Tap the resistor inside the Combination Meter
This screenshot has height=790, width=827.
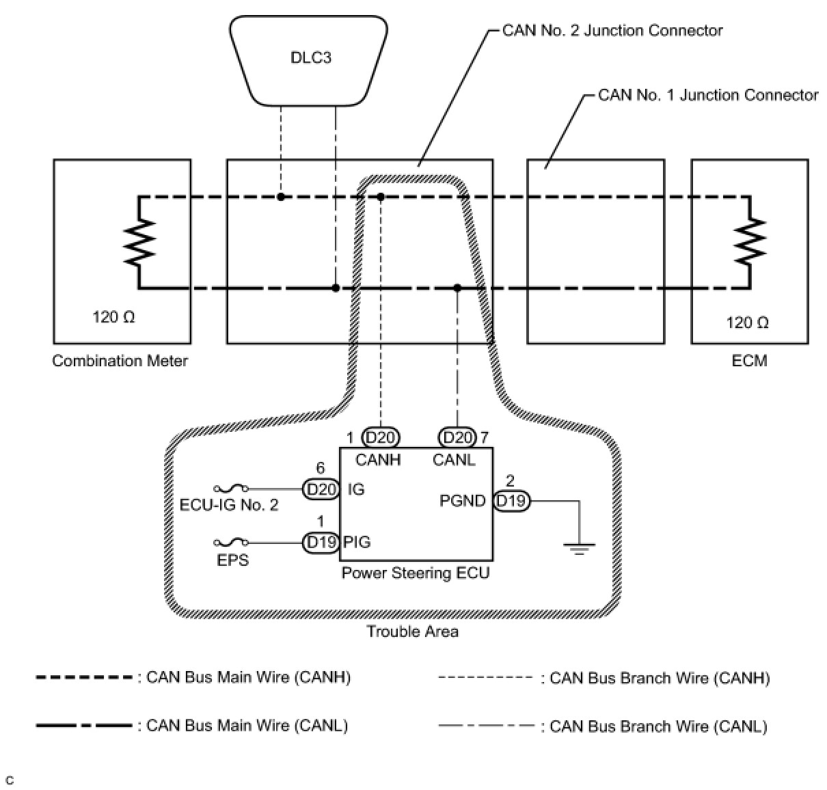[x=139, y=243]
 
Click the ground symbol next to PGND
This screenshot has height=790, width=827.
[x=579, y=547]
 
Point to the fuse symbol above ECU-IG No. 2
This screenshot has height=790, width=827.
[x=231, y=489]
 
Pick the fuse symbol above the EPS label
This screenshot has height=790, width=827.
[x=231, y=543]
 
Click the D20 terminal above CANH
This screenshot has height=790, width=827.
[x=381, y=437]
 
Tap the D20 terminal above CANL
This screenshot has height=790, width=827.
[x=457, y=437]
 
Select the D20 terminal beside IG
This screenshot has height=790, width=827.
[x=321, y=489]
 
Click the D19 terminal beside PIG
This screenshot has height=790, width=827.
[x=321, y=543]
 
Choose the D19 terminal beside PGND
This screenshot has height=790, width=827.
[x=511, y=501]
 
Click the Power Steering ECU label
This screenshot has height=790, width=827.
[x=416, y=573]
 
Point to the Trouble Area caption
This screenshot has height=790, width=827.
[x=412, y=631]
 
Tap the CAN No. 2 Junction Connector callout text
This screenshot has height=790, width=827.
[x=612, y=31]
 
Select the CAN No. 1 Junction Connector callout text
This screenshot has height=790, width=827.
[x=708, y=95]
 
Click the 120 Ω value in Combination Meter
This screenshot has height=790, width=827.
[x=114, y=317]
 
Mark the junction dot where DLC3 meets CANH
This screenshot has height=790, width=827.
[x=281, y=197]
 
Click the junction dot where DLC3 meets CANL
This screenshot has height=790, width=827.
[x=336, y=288]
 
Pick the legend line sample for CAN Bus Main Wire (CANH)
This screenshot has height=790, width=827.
[x=84, y=678]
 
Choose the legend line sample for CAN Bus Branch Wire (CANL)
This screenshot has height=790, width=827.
[x=485, y=726]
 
